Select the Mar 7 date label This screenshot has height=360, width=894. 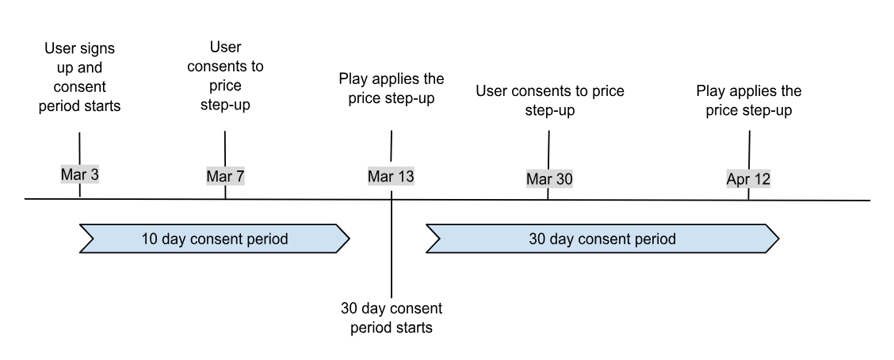point(225,176)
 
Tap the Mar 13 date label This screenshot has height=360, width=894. point(391,176)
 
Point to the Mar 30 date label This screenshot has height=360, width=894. point(548,179)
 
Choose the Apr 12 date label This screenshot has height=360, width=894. point(748,179)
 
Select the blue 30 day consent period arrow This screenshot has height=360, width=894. point(602,239)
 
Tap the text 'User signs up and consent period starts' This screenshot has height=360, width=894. point(79,78)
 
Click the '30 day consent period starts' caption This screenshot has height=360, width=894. point(391,318)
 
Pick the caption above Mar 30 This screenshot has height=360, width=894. point(549,101)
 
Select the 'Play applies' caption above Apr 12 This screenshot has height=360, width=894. point(748,101)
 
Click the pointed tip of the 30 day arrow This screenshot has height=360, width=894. point(777,239)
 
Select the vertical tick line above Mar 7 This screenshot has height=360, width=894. point(225,147)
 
